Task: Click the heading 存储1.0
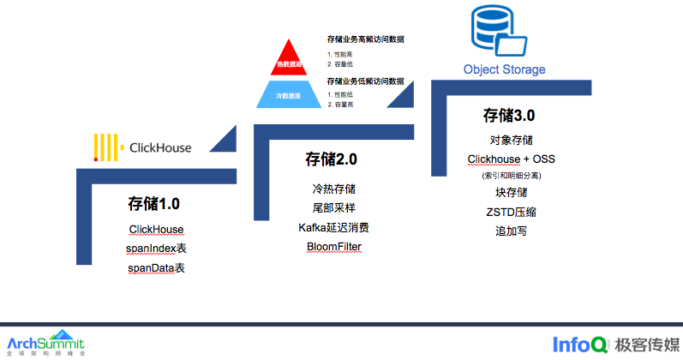pyautogui.click(x=154, y=204)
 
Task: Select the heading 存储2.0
pyautogui.click(x=331, y=159)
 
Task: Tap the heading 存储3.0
pyautogui.click(x=509, y=115)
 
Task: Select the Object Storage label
pyautogui.click(x=504, y=69)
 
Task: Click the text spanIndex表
pyautogui.click(x=156, y=249)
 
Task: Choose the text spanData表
pyautogui.click(x=156, y=267)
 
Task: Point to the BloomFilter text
pyautogui.click(x=334, y=247)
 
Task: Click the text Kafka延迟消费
pyautogui.click(x=334, y=227)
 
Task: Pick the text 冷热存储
pyautogui.click(x=334, y=189)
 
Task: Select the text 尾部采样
pyautogui.click(x=334, y=208)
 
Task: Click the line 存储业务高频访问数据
pyautogui.click(x=365, y=39)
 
